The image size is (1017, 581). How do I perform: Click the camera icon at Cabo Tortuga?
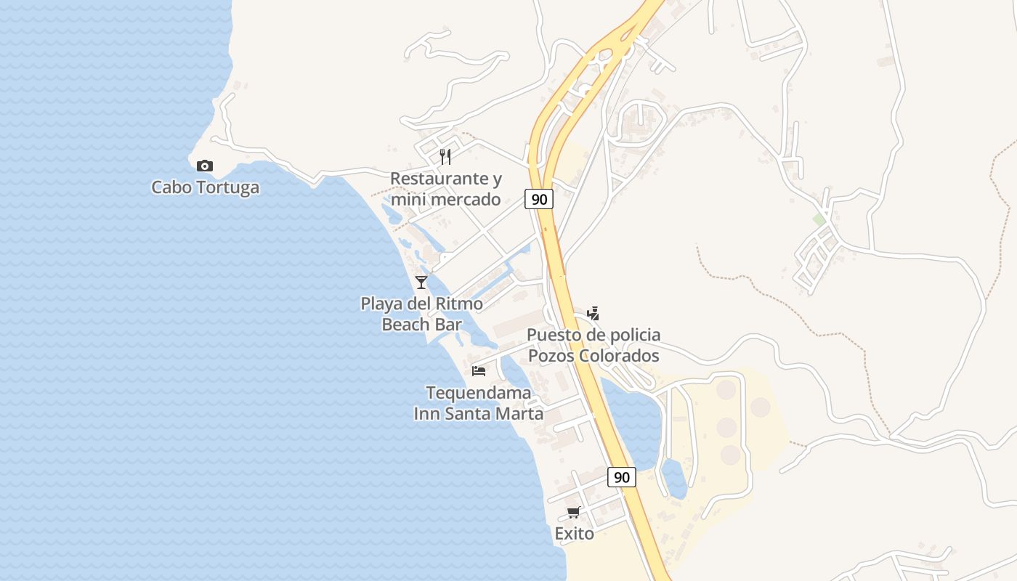(205, 166)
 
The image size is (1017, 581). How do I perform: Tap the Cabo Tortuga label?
(205, 187)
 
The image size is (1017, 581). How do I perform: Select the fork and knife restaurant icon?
(445, 156)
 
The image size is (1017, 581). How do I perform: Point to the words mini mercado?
(445, 199)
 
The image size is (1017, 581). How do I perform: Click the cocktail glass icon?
(421, 282)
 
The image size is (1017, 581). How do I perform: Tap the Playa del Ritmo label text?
(421, 304)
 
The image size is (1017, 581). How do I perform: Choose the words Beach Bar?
(421, 325)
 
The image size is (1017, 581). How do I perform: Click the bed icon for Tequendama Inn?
(479, 370)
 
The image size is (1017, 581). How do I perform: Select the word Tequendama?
(478, 393)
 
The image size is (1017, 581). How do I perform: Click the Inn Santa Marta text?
(478, 414)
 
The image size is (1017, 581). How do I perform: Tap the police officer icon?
(593, 313)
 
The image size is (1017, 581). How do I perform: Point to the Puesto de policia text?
(593, 335)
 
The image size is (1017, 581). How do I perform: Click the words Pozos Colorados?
(593, 356)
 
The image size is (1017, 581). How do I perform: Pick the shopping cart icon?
(574, 512)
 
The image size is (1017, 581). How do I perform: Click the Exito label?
(574, 534)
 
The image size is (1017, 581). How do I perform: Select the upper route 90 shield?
(539, 199)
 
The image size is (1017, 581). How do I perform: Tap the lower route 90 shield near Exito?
(621, 477)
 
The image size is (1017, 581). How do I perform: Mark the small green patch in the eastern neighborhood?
(819, 219)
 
